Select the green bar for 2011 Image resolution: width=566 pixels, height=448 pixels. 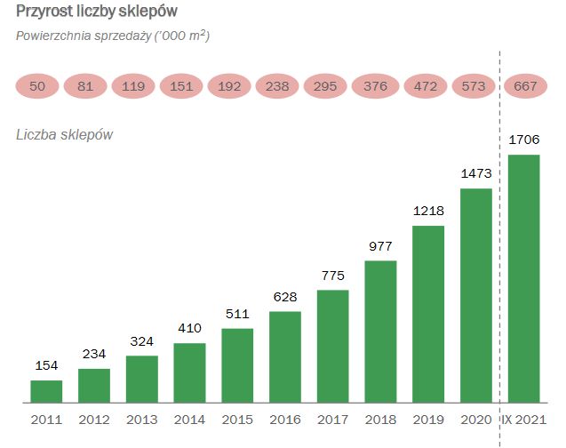pyautogui.click(x=46, y=391)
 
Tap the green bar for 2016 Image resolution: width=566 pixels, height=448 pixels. pyautogui.click(x=285, y=356)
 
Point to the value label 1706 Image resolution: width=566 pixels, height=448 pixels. pyautogui.click(x=524, y=140)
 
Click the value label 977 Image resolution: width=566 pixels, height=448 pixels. pyautogui.click(x=380, y=245)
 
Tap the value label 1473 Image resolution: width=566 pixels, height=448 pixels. pyautogui.click(x=476, y=173)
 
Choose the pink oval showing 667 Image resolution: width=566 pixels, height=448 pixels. pyautogui.click(x=524, y=86)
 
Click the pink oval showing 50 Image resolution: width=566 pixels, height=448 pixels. pyautogui.click(x=38, y=86)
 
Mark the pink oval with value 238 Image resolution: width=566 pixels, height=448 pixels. pyautogui.click(x=277, y=86)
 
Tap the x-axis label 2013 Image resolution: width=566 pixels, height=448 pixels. pyautogui.click(x=142, y=419)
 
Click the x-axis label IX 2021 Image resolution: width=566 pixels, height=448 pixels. pyautogui.click(x=524, y=419)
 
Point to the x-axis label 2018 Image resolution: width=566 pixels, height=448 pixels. pyautogui.click(x=380, y=419)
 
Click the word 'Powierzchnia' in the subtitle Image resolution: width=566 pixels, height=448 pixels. pyautogui.click(x=54, y=36)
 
